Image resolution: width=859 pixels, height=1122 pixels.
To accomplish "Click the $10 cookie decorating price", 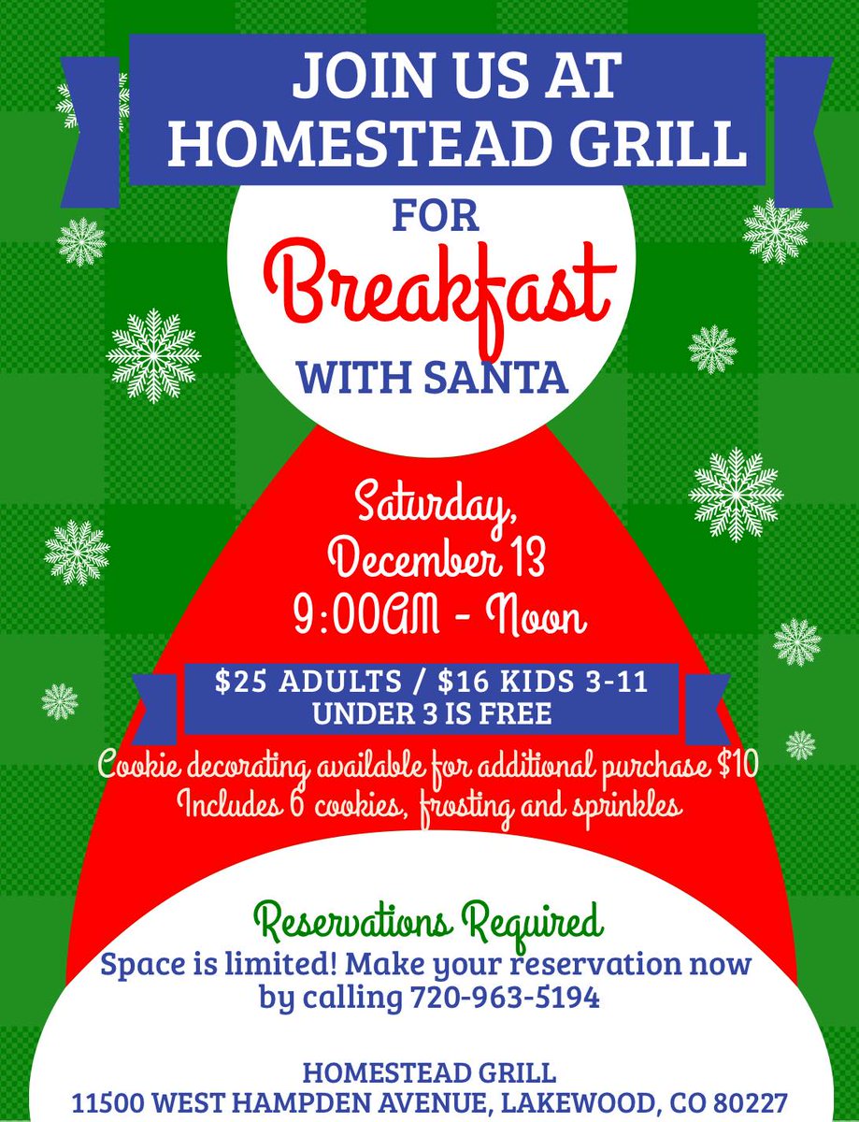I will click(737, 769).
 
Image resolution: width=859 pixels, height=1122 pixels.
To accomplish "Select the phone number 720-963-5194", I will click(506, 998).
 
